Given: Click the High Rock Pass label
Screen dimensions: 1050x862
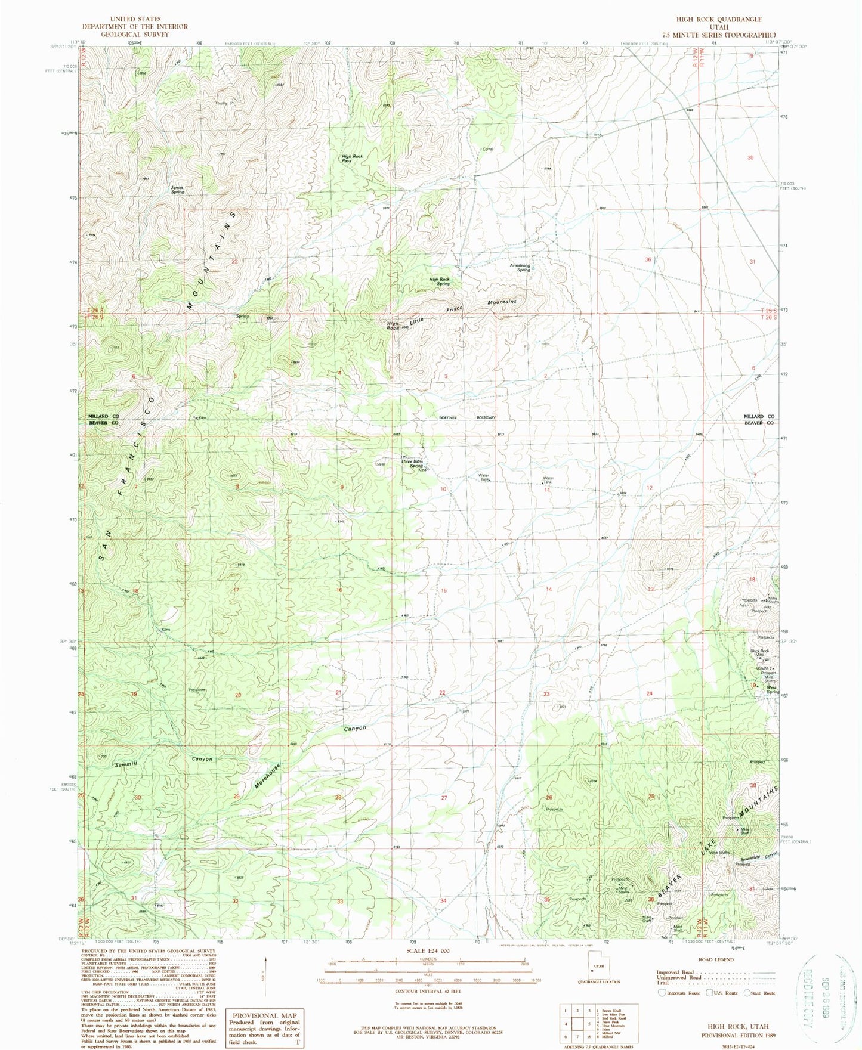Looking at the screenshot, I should tap(352, 159).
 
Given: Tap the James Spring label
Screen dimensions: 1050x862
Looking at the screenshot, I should tap(177, 190).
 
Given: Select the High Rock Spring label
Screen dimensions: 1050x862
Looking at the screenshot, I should tap(439, 281).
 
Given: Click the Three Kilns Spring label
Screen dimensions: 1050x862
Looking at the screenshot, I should tap(412, 463).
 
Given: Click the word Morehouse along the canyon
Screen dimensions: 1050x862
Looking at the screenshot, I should tap(267, 776).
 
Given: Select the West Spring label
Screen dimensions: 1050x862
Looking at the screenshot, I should tap(773, 689).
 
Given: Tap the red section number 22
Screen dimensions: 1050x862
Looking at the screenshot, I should tap(442, 693).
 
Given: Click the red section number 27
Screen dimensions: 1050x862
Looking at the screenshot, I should tap(444, 797).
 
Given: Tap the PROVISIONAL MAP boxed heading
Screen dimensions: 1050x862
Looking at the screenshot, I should tap(264, 1015).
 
